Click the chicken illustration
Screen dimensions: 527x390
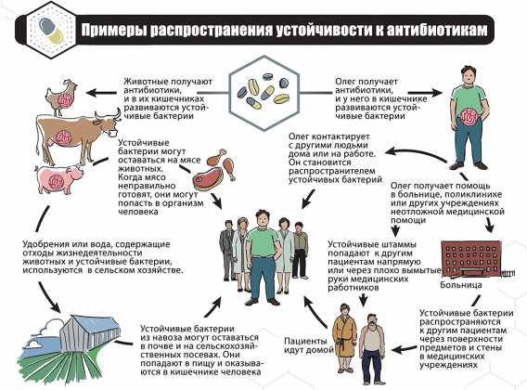pyautogui.click(x=61, y=97)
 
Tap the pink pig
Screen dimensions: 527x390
pyautogui.click(x=58, y=178)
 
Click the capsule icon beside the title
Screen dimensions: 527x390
pyautogui.click(x=51, y=31)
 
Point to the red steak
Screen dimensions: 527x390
pyautogui.click(x=205, y=180)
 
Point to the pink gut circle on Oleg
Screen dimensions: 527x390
pyautogui.click(x=469, y=117)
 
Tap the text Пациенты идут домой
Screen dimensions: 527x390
pyautogui.click(x=309, y=345)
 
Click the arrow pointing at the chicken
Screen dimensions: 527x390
pyautogui.click(x=102, y=92)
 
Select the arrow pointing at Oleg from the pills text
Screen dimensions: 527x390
pyautogui.click(x=425, y=93)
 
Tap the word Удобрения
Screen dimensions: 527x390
pyautogui.click(x=45, y=244)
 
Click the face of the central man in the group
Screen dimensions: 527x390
pyautogui.click(x=263, y=219)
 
